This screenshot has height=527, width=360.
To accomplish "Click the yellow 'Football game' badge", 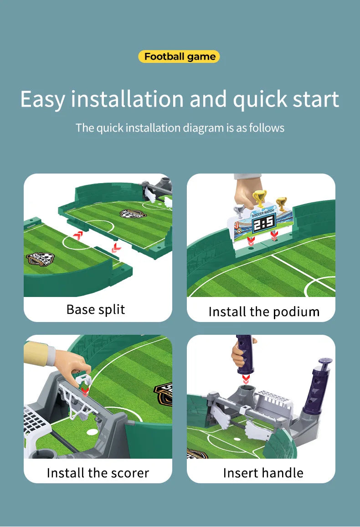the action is tap(179, 56).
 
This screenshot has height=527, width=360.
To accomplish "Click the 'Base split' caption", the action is tap(96, 310).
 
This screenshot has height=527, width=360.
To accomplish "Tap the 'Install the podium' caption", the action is tap(264, 312).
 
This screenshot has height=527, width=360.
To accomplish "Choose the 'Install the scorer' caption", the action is tap(98, 473).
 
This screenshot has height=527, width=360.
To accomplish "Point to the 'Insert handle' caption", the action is tap(263, 473).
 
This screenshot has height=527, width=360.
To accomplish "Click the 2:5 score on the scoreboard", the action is tap(264, 223).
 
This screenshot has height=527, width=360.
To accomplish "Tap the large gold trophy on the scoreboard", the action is tap(260, 198).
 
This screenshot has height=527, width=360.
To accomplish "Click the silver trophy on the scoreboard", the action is tap(239, 211).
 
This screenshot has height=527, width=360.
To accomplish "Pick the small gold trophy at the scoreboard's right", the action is tap(281, 203).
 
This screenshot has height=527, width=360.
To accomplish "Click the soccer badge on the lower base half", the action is tap(40, 259).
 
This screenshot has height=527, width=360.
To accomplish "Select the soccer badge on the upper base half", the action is tap(133, 214).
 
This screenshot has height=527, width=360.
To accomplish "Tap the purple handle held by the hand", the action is tap(245, 354).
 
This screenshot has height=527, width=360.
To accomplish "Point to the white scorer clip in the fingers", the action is tap(83, 382).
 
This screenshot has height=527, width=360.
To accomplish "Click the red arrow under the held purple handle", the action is tap(246, 379).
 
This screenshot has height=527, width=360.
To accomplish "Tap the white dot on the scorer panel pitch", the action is tap(92, 431).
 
